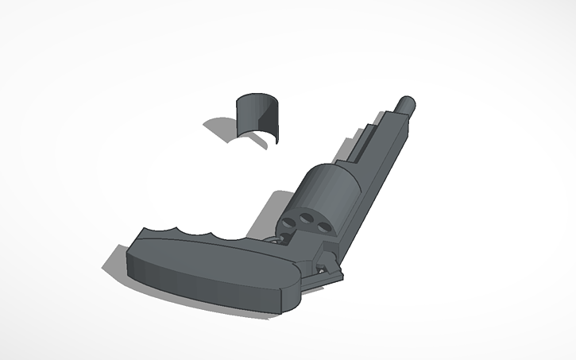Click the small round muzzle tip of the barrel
coord(408,104)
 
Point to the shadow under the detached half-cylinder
coord(223,128)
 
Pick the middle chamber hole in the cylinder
coord(307,222)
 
